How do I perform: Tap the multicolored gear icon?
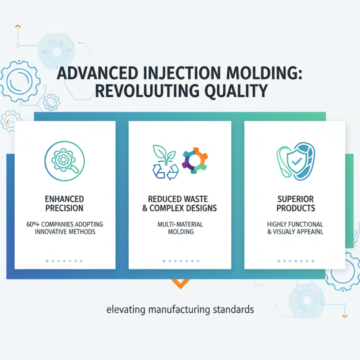tap(195, 160)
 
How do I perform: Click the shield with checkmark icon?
tap(295, 160)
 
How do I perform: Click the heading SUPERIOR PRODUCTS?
tap(296, 203)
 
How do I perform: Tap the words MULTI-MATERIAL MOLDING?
tap(180, 228)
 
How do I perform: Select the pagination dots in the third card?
tap(295, 261)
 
